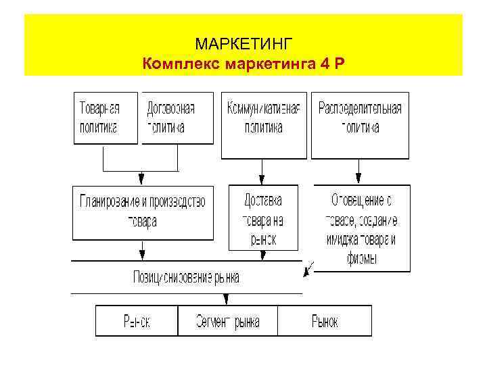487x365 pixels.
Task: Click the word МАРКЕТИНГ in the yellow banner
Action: point(243,45)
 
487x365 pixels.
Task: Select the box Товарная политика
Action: point(105,118)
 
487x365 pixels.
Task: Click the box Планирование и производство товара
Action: point(142,212)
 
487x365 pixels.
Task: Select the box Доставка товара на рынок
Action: point(262,218)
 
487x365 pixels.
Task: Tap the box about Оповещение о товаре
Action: point(361,228)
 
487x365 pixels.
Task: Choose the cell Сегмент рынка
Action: point(227,321)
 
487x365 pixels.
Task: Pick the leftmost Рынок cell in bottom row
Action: point(136,321)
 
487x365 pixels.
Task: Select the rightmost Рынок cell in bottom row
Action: point(325,321)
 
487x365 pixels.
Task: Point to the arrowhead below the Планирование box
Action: point(141,255)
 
